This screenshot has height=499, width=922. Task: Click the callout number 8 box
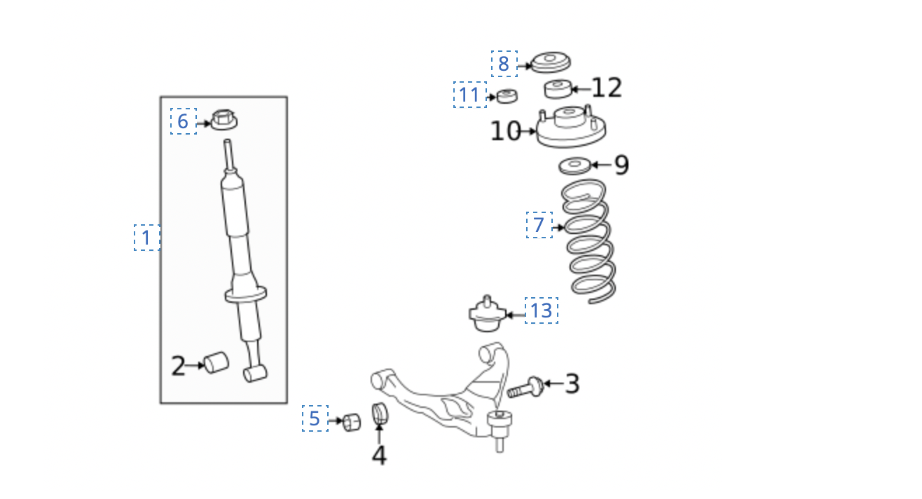tap(504, 64)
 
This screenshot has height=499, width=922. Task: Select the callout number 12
tap(607, 88)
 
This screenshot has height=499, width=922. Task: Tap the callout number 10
tap(505, 131)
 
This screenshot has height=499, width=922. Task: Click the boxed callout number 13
tap(542, 310)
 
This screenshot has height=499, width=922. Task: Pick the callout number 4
tap(379, 455)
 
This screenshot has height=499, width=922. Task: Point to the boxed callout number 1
tap(147, 238)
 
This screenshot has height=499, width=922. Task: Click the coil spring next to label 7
tap(589, 241)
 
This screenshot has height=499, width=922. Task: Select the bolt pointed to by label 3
tap(525, 388)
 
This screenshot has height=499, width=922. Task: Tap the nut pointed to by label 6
tap(224, 120)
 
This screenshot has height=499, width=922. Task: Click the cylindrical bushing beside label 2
tap(216, 363)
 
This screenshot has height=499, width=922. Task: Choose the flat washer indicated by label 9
tap(575, 165)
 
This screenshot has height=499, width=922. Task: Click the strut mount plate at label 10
tap(571, 126)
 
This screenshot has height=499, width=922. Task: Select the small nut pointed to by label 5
tap(352, 423)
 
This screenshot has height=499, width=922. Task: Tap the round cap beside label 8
tap(551, 62)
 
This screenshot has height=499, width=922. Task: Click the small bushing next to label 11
tap(507, 96)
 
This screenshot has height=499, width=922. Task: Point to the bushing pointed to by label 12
tap(558, 89)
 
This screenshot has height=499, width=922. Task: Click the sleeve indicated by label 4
tap(380, 413)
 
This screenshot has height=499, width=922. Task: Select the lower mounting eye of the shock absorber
tap(255, 374)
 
